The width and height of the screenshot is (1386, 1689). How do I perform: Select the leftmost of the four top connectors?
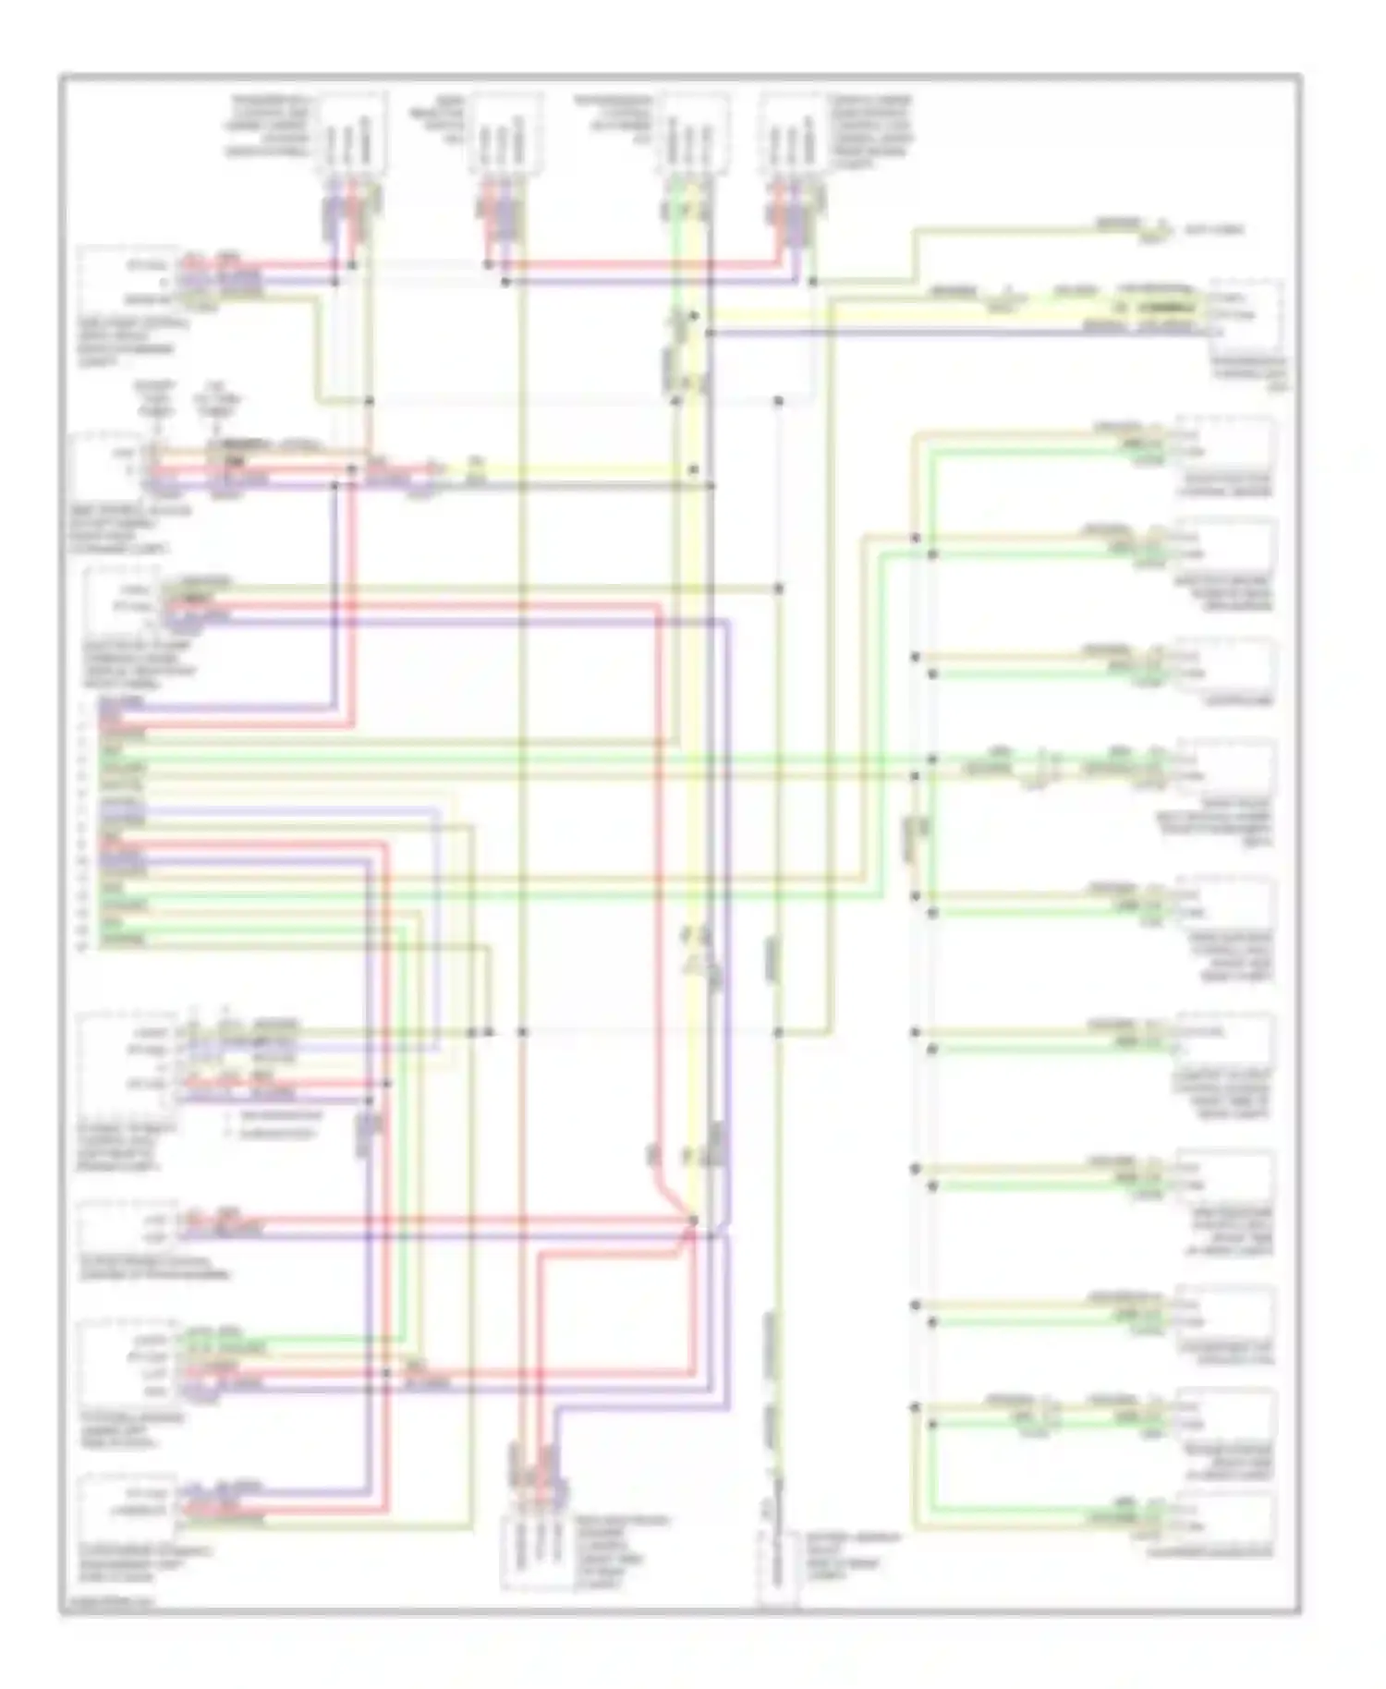point(352,134)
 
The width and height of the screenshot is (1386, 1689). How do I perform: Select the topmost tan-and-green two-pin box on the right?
point(1225,444)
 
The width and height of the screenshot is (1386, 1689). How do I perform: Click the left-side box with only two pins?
point(129,1227)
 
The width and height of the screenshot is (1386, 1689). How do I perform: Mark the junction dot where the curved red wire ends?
point(694,1221)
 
